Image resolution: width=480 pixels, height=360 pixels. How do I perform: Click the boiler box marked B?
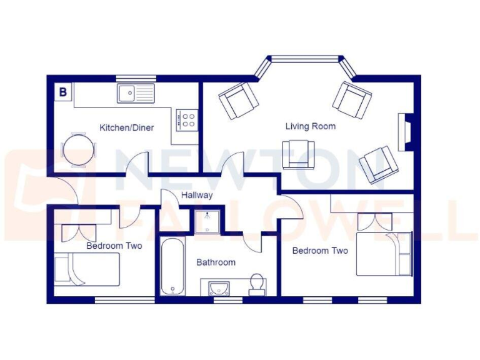point(62,92)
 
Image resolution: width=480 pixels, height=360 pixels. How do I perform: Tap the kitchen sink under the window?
point(135,94)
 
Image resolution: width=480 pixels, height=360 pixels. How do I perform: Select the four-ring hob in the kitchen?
point(187,119)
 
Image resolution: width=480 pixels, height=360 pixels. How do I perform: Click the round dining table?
point(79,150)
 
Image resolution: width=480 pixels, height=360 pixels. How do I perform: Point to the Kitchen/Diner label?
point(126,127)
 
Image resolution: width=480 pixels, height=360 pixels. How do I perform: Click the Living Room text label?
point(310,126)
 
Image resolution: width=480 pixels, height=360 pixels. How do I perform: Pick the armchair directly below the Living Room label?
point(299,154)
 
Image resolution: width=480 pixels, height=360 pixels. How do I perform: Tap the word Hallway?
point(197,195)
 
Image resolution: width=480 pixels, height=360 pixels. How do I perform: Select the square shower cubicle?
point(206,222)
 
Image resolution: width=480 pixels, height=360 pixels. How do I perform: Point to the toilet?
point(256,284)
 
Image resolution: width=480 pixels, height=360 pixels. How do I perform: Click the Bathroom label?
point(216,262)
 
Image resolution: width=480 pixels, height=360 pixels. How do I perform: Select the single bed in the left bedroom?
point(86,269)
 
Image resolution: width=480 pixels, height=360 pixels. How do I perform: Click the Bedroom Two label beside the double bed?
point(320,251)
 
